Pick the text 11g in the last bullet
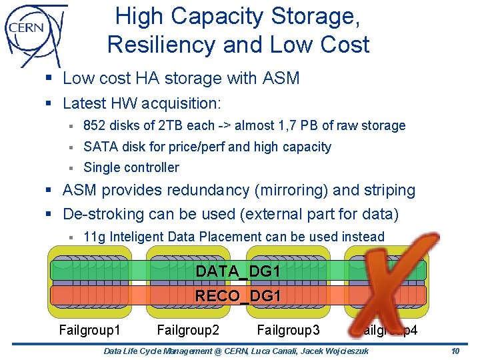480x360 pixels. (94, 237)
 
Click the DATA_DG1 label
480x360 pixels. (237, 272)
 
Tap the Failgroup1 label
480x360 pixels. (90, 329)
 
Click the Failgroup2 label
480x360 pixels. (188, 329)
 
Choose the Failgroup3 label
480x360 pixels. (288, 329)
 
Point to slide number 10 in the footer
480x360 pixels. (455, 352)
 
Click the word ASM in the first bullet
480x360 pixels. (281, 79)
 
